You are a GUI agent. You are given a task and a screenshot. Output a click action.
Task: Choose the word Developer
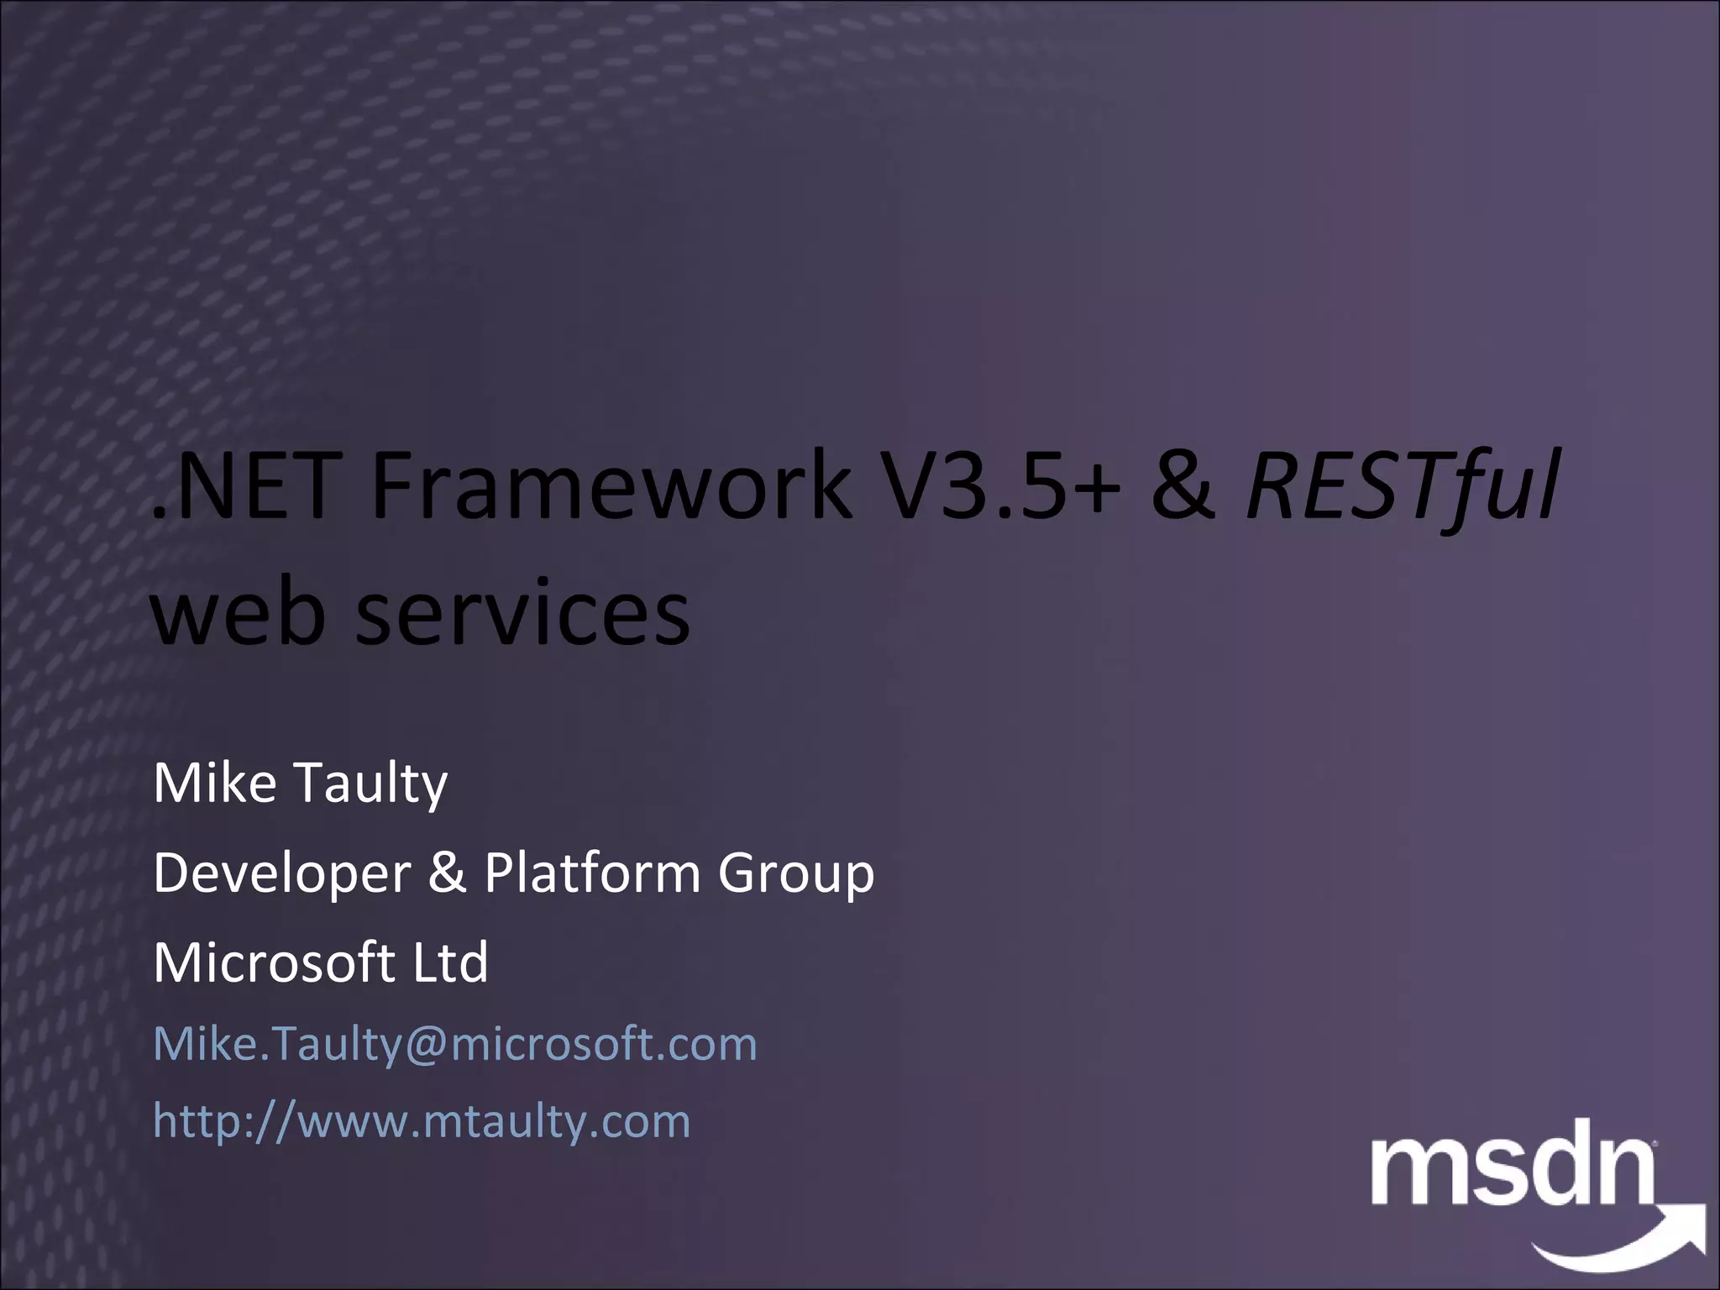click(282, 873)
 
